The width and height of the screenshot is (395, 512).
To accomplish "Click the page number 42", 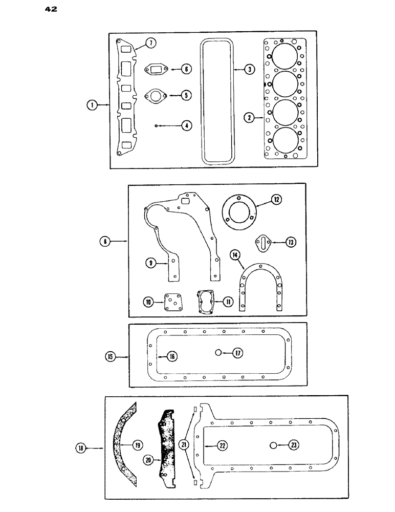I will tap(50, 9).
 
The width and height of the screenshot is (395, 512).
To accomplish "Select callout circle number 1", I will tap(92, 105).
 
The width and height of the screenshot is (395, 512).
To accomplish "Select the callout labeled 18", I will tap(81, 449).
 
